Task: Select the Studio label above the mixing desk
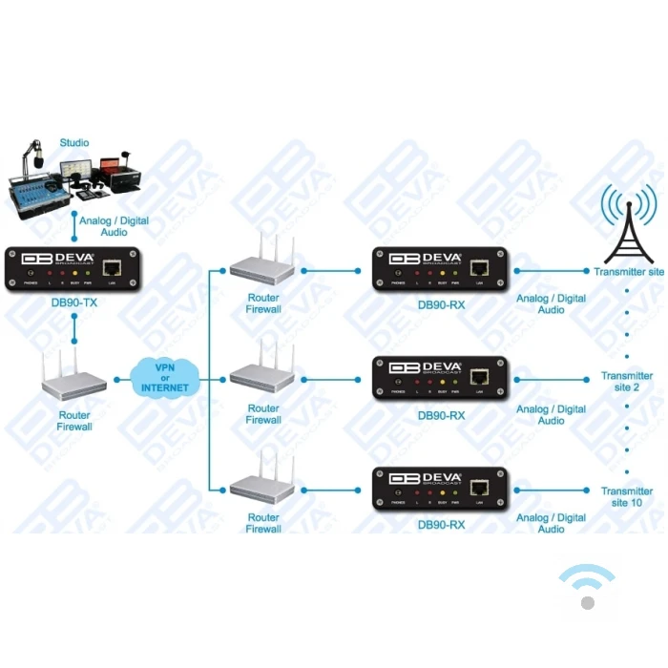click(x=73, y=143)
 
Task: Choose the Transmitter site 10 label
click(x=627, y=496)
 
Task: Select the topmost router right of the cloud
click(x=262, y=264)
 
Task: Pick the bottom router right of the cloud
click(x=262, y=485)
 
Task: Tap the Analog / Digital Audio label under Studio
click(x=114, y=226)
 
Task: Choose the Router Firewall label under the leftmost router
click(x=74, y=421)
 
